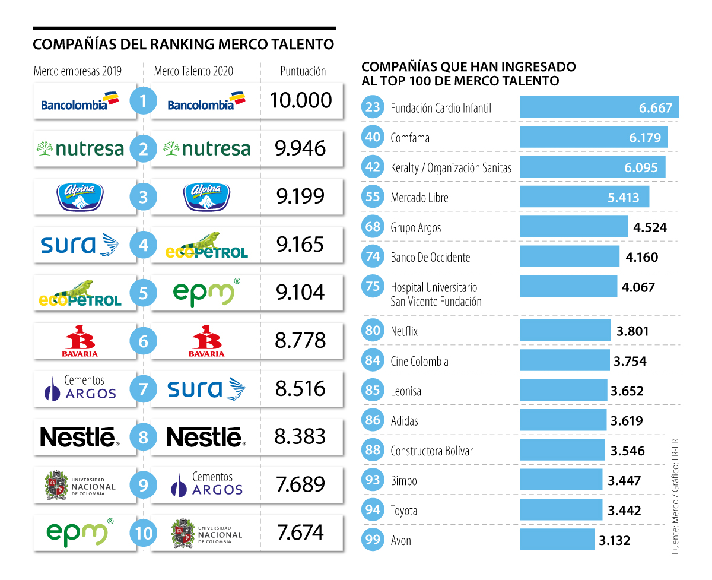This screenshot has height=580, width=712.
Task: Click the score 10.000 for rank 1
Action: tap(301, 100)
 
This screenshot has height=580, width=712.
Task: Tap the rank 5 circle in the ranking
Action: tap(143, 292)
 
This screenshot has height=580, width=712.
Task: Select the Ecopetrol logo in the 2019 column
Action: tap(80, 293)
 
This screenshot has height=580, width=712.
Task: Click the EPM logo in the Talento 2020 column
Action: tap(206, 292)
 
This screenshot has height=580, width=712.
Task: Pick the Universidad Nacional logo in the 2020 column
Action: tap(206, 534)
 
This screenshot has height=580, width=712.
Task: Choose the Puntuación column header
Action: tap(303, 71)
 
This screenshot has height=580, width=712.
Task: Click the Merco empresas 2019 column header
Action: tap(78, 71)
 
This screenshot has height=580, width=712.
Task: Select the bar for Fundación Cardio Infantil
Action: tap(599, 107)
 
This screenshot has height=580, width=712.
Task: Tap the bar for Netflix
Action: tap(565, 331)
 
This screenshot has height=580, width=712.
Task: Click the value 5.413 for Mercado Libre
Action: tap(623, 197)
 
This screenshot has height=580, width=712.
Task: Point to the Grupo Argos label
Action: tap(415, 227)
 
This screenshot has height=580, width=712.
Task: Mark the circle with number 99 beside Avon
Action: tap(373, 540)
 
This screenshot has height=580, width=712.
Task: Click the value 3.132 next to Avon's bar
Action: tap(614, 540)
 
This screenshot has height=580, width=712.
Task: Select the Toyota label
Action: tap(403, 511)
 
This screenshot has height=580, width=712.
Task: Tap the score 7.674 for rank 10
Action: tap(301, 533)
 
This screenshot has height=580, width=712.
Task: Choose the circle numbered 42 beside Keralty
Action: tap(373, 167)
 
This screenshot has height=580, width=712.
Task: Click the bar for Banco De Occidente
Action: tap(570, 257)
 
